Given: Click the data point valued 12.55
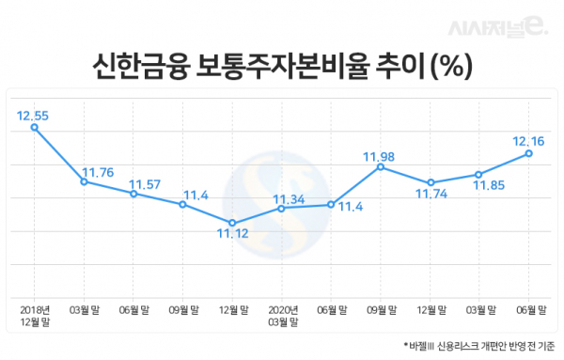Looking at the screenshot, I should (35, 128).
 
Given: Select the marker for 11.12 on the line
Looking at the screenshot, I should (231, 223).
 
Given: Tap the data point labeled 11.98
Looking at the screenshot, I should (379, 166).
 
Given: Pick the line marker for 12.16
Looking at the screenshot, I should (529, 153).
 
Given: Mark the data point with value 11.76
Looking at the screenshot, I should (84, 181).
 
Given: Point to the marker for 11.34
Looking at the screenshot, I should (281, 208).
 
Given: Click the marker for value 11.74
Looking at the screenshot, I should (430, 182).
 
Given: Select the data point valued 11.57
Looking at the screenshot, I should (133, 194).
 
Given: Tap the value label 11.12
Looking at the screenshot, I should (231, 234).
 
